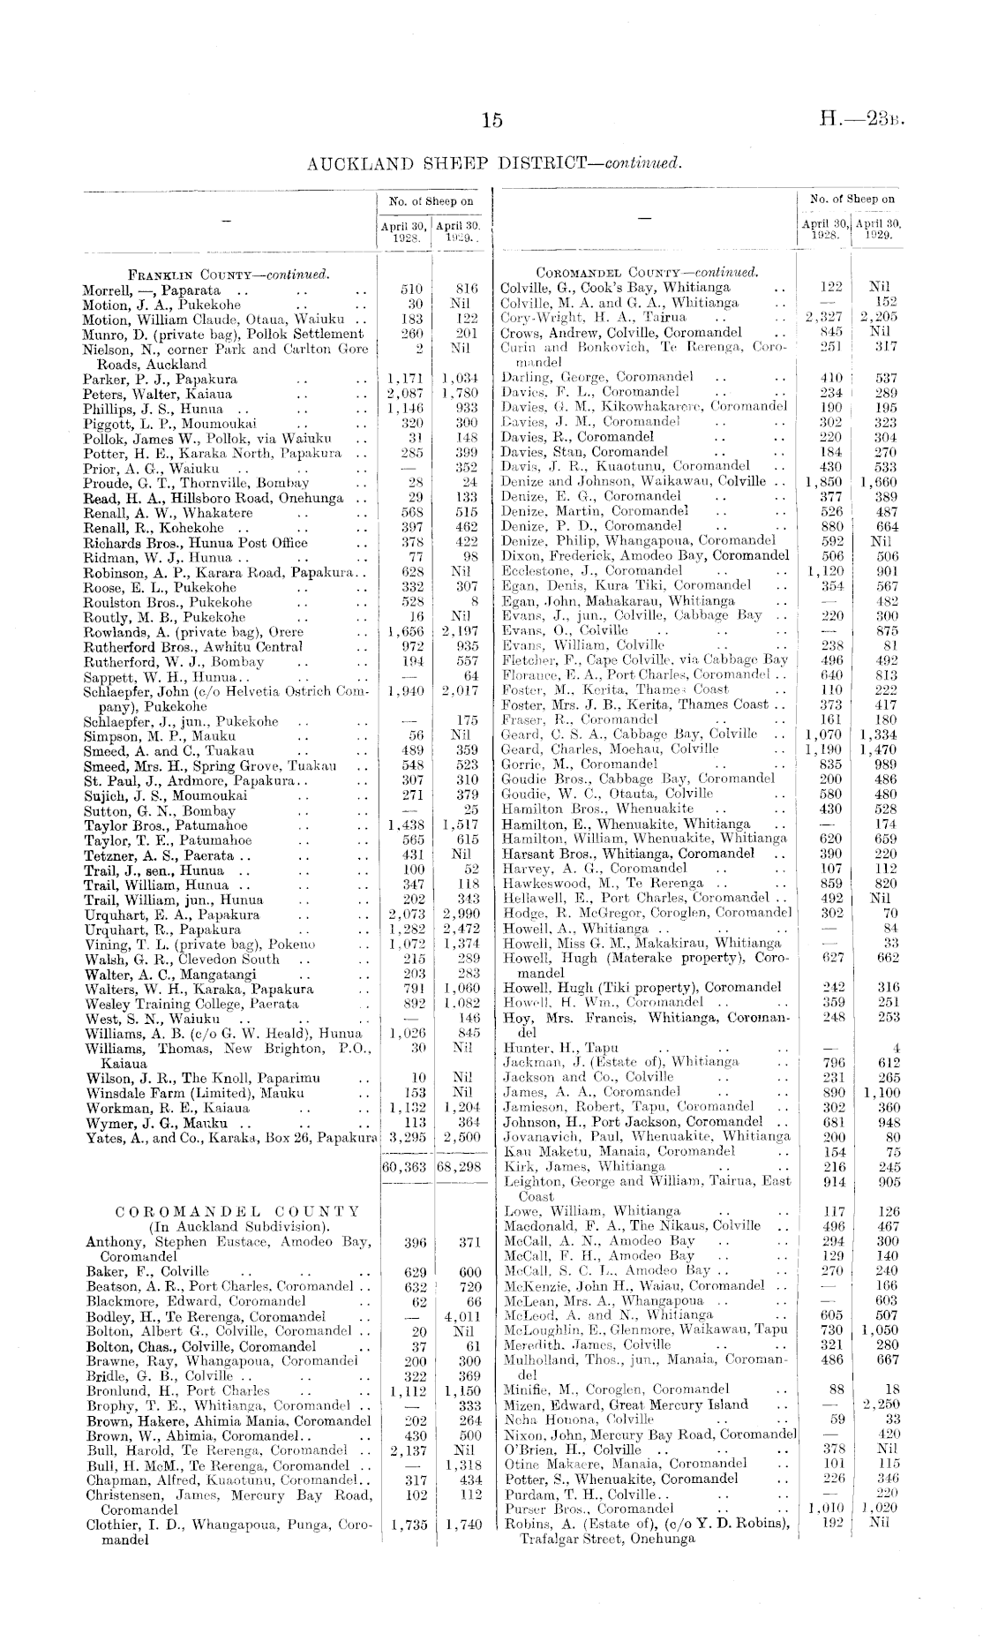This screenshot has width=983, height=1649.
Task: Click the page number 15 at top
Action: point(491,120)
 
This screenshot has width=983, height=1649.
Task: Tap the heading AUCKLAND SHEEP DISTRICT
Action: point(492,163)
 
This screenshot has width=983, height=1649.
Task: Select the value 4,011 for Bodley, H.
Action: point(461,1315)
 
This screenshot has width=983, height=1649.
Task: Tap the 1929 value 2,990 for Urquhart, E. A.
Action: point(461,915)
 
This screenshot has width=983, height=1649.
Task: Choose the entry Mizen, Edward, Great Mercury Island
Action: point(624,1404)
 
